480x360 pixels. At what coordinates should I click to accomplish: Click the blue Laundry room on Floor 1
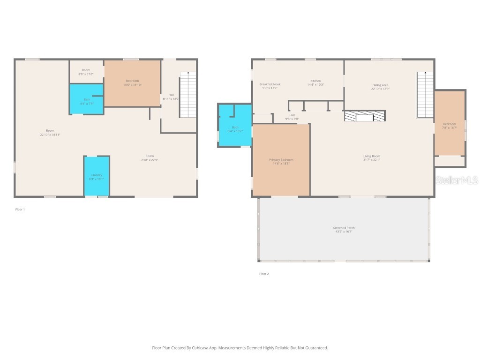point(97,176)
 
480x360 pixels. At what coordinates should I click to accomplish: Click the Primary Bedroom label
point(281,161)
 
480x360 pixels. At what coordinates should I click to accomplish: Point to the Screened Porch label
point(345,229)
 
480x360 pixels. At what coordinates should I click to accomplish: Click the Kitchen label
point(315,82)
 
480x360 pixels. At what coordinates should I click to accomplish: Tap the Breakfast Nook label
point(270,86)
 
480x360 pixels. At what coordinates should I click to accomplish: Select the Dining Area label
point(380,87)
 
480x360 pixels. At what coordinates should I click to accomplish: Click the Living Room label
point(371,157)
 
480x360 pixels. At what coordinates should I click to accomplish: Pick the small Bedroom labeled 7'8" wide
point(449,125)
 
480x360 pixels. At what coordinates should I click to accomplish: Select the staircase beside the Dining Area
point(425,95)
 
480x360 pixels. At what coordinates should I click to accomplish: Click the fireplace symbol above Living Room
point(365,116)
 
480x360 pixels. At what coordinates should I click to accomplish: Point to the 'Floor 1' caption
point(20,210)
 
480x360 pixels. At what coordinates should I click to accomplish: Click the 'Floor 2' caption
point(264,274)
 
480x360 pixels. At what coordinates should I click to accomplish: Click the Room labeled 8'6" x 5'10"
point(86,72)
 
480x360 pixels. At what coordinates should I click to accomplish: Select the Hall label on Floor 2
point(292,117)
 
